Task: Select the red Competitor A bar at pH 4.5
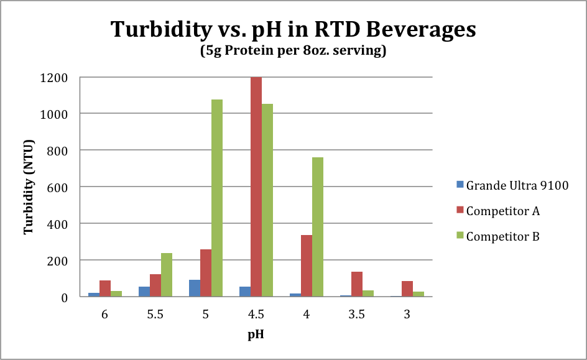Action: pos(256,187)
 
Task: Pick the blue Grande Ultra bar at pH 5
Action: pos(195,288)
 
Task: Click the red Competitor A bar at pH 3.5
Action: pos(357,284)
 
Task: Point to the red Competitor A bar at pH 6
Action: pos(105,288)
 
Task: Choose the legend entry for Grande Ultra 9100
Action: pos(511,185)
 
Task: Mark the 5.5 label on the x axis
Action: pos(155,315)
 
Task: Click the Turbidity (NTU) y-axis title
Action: pos(29,187)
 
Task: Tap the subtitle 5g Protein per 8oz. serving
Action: pos(293,52)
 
